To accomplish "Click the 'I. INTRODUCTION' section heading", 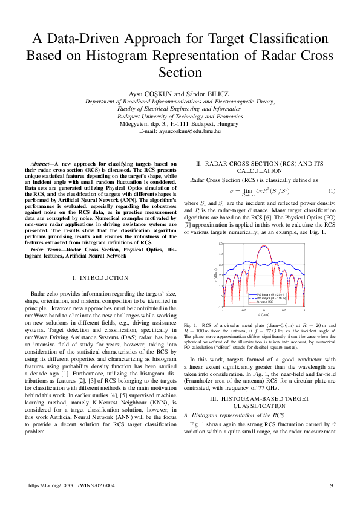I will (x=100, y=277).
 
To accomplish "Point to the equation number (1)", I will (x=331, y=192).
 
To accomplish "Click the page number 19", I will (x=330, y=485).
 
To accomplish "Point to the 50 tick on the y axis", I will (x=221, y=243).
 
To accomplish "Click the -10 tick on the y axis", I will (x=221, y=307).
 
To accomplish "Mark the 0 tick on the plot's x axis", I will (x=264, y=311).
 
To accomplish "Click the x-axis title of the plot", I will (x=264, y=315).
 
